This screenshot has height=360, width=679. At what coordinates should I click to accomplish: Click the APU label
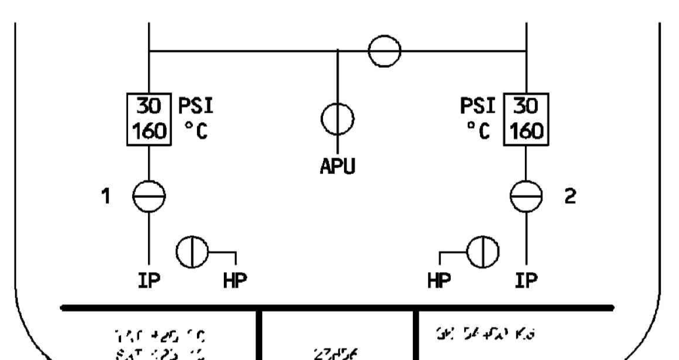tap(338, 168)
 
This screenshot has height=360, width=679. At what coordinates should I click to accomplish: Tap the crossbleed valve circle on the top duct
tap(384, 51)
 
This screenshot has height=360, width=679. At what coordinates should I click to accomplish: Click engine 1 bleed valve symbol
tap(149, 195)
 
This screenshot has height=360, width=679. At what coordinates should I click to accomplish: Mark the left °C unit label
tap(195, 132)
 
